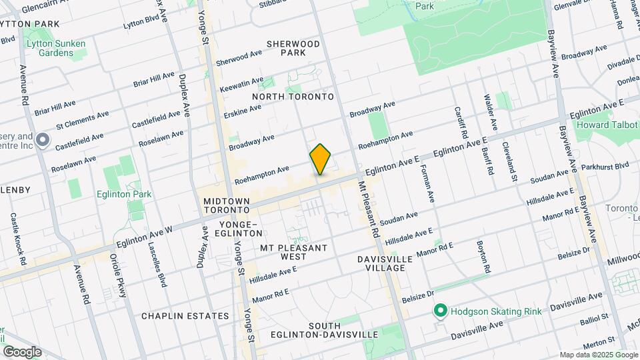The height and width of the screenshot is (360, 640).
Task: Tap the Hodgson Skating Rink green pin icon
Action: [x=440, y=311]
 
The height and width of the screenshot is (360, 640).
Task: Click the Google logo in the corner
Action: [x=22, y=352]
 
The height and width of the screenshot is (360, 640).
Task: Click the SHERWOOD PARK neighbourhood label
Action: [x=293, y=48]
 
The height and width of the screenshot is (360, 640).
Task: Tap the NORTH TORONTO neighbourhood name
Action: [x=293, y=97]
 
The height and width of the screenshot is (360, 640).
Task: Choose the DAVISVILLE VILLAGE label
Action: [x=375, y=263]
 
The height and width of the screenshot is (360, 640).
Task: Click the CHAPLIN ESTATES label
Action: [x=185, y=315]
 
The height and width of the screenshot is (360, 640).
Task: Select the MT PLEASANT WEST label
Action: [x=293, y=252]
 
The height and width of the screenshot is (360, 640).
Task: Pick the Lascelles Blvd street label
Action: [x=160, y=265]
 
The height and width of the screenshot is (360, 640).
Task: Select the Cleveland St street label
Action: [x=511, y=161]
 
